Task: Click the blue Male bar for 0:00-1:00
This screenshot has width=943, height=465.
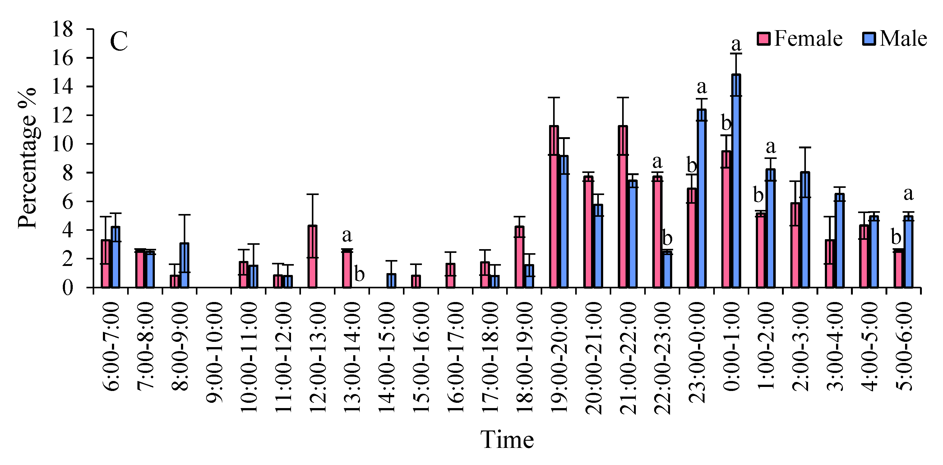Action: click(736, 181)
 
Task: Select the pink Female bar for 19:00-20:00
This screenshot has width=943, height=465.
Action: click(554, 207)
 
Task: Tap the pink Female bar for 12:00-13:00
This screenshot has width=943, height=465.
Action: click(313, 256)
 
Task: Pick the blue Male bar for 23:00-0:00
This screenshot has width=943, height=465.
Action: click(701, 198)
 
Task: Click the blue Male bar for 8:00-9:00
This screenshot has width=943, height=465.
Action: click(184, 265)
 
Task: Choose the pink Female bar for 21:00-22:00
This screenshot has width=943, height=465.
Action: click(623, 207)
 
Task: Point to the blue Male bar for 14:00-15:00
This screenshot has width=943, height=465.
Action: click(391, 281)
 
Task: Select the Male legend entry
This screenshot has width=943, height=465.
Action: click(894, 39)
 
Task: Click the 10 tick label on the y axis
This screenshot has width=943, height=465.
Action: click(62, 144)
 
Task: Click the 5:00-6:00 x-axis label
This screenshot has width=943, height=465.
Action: click(904, 346)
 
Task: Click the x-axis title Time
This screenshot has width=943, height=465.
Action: click(507, 439)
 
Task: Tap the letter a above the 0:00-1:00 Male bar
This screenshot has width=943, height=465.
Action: click(736, 44)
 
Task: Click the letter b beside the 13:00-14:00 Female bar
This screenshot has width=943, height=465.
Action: click(359, 274)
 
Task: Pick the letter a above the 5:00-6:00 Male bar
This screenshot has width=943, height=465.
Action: click(908, 194)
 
